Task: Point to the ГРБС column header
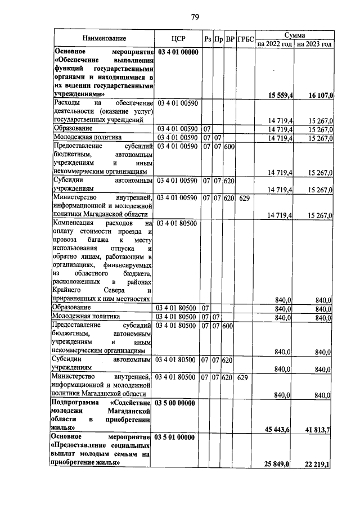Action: [245, 39]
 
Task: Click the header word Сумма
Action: [294, 34]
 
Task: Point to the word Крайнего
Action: [67, 291]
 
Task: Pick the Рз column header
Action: [208, 39]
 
